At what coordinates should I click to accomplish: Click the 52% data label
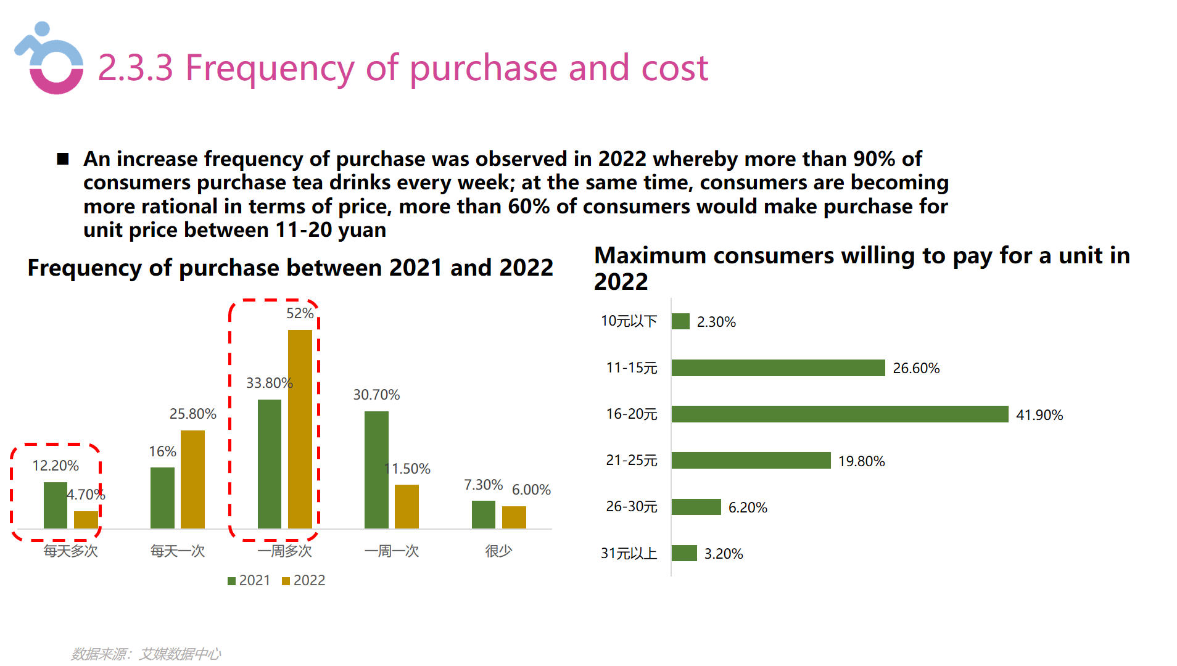pos(300,313)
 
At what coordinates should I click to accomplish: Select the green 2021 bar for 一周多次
pos(269,464)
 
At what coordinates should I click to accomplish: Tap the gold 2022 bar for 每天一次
pos(192,479)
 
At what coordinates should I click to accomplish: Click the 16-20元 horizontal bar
pos(839,414)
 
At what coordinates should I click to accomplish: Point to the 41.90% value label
pos(1039,415)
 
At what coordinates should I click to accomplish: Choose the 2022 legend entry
pos(304,580)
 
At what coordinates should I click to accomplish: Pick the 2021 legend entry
pos(249,580)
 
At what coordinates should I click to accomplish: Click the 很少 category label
pos(498,551)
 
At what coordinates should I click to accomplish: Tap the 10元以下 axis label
pos(629,321)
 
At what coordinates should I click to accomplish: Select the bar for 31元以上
pos(683,553)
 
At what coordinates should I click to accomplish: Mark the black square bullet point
pos(62,159)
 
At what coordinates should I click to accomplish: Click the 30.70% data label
pos(376,395)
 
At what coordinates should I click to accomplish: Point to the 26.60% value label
pos(915,368)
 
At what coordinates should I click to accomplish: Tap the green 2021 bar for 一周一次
pos(376,470)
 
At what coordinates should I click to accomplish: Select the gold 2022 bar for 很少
pos(514,517)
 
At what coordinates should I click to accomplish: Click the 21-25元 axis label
pos(631,460)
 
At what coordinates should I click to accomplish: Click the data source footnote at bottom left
pos(146,654)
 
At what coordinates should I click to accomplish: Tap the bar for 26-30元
pos(696,507)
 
